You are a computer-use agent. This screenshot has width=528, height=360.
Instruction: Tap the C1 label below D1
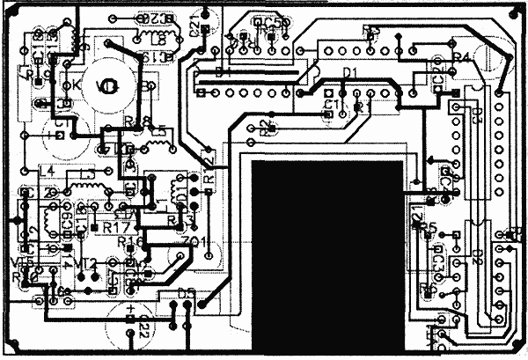point(331,105)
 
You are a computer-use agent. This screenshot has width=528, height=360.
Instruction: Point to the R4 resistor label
point(461,57)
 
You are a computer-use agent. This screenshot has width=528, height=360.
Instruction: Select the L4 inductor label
point(47,170)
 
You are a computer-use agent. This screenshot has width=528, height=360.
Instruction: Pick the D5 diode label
point(186,292)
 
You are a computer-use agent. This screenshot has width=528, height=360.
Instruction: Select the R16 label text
point(129,240)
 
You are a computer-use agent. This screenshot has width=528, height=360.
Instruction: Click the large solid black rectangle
point(330,255)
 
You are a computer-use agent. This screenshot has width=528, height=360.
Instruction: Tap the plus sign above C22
point(131,309)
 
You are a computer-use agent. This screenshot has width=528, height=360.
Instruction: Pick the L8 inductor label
point(158,40)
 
